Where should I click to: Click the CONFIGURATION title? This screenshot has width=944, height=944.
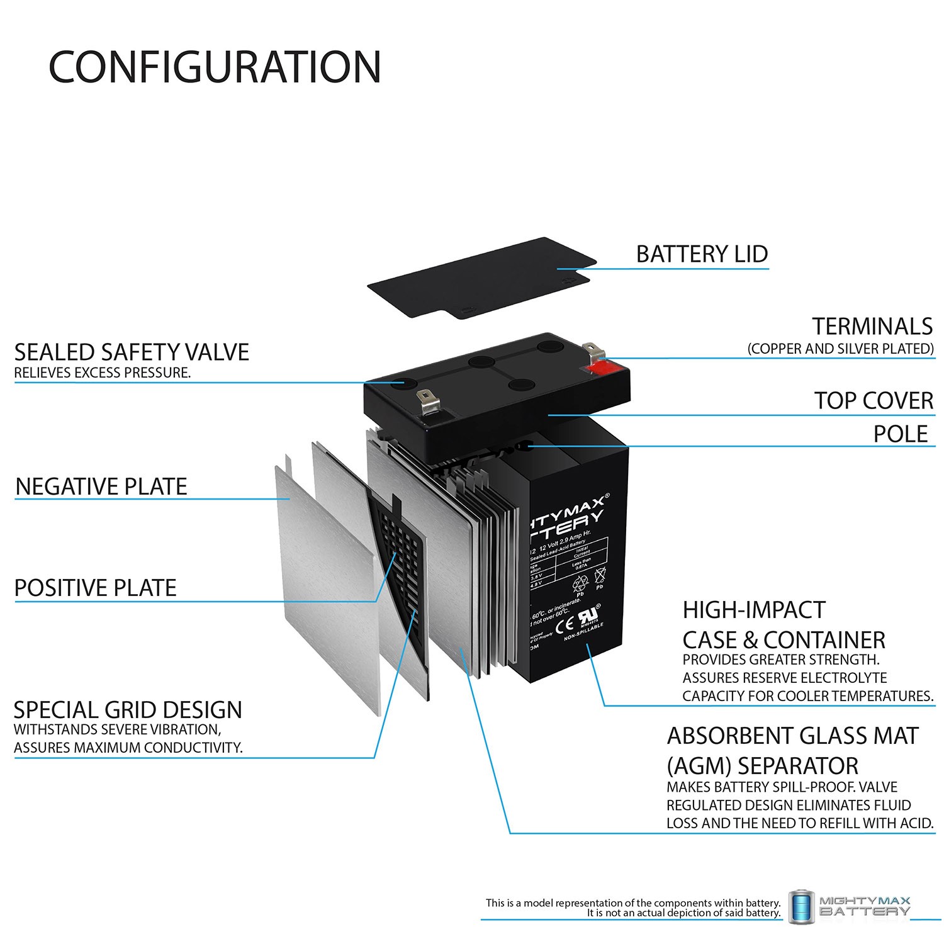(215, 67)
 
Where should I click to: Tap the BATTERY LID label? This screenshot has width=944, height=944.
(702, 254)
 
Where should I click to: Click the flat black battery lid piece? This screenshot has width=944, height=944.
(481, 277)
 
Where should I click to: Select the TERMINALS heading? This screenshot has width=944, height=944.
(872, 326)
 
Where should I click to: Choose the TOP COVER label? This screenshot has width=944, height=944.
(874, 400)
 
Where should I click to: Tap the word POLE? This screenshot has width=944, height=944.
(900, 434)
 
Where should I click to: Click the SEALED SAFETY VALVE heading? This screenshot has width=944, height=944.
(132, 352)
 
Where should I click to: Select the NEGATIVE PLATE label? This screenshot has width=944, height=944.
(101, 486)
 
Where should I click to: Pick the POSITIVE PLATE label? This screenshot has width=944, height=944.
(95, 588)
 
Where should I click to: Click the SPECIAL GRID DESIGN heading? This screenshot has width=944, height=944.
(128, 710)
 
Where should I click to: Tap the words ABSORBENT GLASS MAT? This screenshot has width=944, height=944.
(792, 736)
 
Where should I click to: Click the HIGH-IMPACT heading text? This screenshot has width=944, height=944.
(753, 610)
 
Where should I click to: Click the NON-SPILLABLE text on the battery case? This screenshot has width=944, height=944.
(583, 632)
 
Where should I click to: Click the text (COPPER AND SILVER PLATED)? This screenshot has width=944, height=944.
(840, 349)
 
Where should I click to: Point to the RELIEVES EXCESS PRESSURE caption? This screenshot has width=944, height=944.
(102, 373)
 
